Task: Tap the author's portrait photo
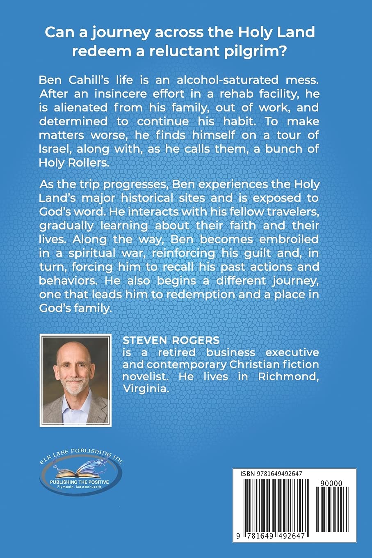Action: click(x=75, y=381)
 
